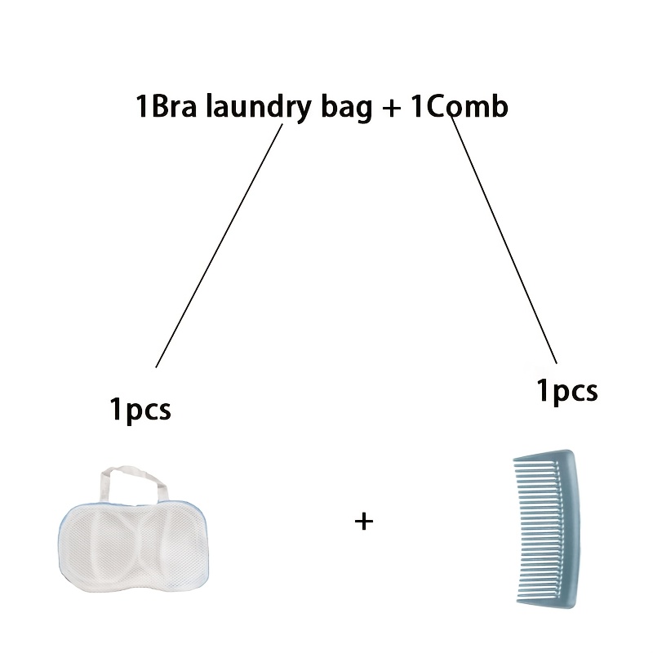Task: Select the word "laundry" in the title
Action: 259,109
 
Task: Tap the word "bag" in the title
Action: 346,109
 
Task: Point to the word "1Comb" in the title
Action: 460,106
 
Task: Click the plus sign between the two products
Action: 364,522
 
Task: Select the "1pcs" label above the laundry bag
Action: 140,410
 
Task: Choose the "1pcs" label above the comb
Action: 567,391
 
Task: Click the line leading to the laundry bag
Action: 219,246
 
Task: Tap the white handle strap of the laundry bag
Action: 132,483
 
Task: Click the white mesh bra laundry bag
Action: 133,529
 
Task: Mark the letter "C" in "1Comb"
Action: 436,107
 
